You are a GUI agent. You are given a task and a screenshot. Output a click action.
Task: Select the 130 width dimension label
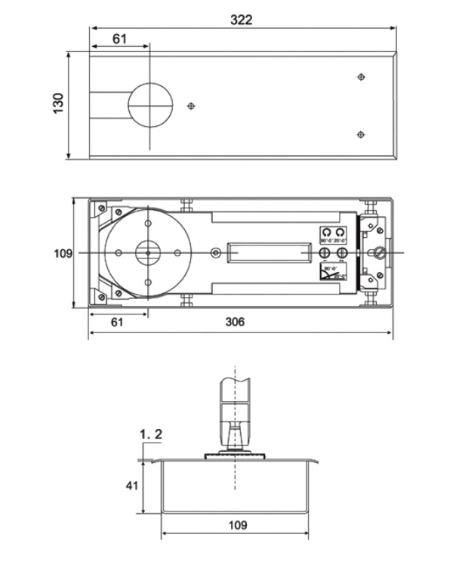(x=58, y=103)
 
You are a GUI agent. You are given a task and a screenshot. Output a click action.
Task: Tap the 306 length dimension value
(x=235, y=322)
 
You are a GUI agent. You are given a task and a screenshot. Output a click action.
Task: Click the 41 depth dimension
(x=131, y=486)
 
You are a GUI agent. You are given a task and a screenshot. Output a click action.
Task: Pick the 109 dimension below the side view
(x=236, y=524)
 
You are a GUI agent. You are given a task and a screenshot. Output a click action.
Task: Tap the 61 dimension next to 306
(x=117, y=322)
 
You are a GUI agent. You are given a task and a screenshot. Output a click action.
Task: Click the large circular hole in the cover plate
(x=150, y=105)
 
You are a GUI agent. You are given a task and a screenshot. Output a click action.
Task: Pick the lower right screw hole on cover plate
(x=361, y=134)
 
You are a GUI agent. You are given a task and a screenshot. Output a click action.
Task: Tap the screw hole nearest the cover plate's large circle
(x=192, y=106)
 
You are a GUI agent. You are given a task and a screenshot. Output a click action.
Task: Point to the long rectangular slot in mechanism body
(x=269, y=252)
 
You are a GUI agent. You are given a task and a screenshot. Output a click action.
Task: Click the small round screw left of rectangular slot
(x=217, y=252)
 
